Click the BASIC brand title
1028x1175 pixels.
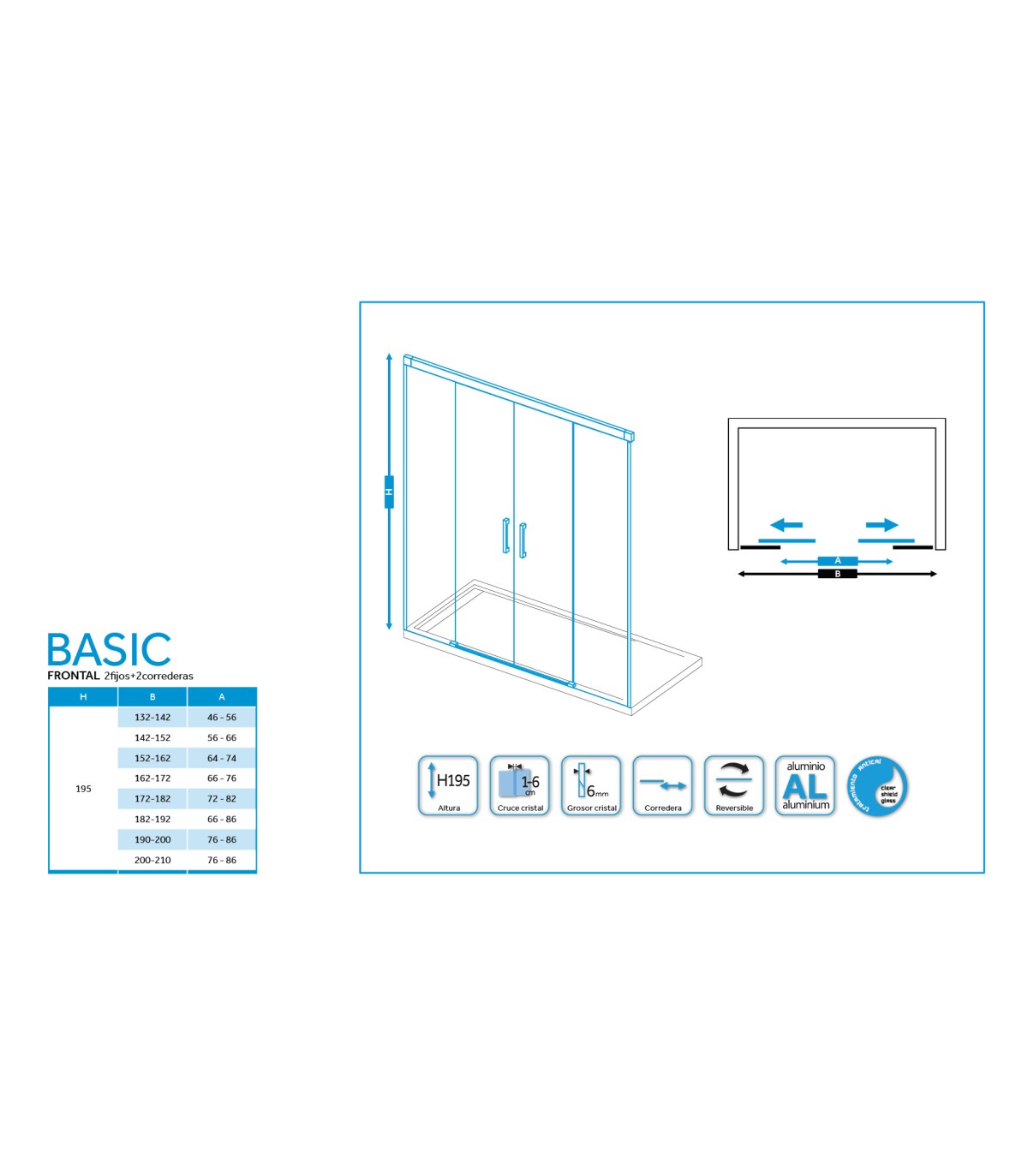pyautogui.click(x=109, y=650)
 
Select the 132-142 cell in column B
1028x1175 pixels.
pyautogui.click(x=152, y=718)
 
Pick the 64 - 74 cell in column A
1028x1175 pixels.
pyautogui.click(x=222, y=758)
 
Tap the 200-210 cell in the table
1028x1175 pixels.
pyautogui.click(x=152, y=860)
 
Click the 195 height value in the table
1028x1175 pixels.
pyautogui.click(x=83, y=789)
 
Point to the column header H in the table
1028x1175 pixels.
pyautogui.click(x=83, y=697)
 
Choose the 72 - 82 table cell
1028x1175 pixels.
pyautogui.click(x=222, y=799)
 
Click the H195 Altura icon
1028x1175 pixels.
pyautogui.click(x=448, y=785)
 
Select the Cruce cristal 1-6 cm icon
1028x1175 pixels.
pyautogui.click(x=520, y=785)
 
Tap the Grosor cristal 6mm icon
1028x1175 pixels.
pyautogui.click(x=591, y=785)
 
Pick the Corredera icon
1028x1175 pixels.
pyautogui.click(x=662, y=785)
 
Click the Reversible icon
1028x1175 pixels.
pyautogui.click(x=734, y=785)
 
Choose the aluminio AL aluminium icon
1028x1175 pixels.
pyautogui.click(x=805, y=785)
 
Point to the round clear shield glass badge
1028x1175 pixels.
pyautogui.click(x=877, y=786)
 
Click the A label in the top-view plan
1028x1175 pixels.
pyautogui.click(x=838, y=561)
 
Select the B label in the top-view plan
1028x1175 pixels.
pyautogui.click(x=838, y=574)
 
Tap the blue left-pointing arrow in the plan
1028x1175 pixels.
pyautogui.click(x=786, y=525)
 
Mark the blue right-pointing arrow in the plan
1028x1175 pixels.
pyautogui.click(x=882, y=525)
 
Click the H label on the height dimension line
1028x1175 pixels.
pyautogui.click(x=389, y=492)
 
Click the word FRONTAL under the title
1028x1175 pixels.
pyautogui.click(x=74, y=676)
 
